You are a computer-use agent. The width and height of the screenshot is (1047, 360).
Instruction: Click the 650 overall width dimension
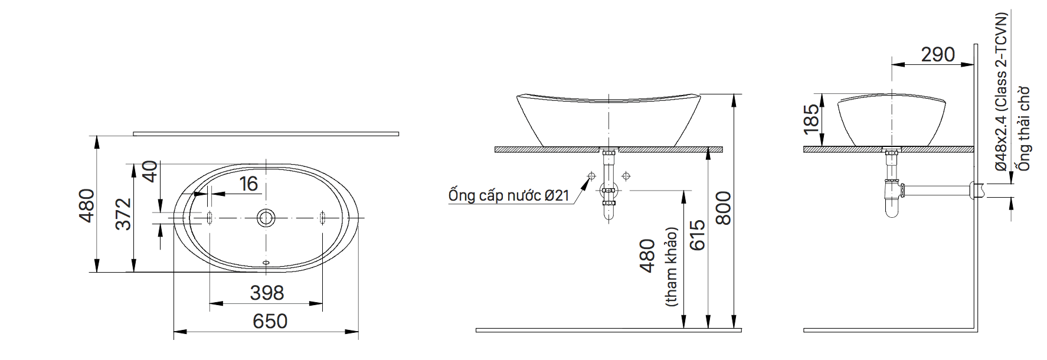270,321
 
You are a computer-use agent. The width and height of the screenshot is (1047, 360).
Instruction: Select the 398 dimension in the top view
267,293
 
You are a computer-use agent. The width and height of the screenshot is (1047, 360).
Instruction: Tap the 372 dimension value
123,214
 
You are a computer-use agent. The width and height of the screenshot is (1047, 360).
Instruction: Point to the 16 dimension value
248,184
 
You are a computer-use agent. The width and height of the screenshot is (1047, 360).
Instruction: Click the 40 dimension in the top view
150,172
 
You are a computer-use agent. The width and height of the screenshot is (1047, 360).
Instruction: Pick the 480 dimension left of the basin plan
87,205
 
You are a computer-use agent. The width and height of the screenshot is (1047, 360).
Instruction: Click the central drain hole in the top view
266,218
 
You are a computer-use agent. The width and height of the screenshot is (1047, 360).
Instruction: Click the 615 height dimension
697,235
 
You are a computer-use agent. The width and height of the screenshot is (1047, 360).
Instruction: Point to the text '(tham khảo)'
671,267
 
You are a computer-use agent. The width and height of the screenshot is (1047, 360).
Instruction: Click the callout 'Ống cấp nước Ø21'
508,195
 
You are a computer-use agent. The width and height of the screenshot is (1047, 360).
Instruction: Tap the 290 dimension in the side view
938,54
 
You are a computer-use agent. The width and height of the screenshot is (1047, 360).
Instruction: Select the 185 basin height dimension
812,117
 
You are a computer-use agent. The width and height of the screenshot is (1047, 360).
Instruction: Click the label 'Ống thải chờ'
1023,129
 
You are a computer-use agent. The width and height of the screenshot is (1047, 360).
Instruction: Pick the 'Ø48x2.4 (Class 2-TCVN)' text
1001,92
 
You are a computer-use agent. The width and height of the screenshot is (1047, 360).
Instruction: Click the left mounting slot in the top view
209,218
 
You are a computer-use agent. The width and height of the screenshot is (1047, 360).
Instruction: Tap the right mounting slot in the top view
322,218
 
